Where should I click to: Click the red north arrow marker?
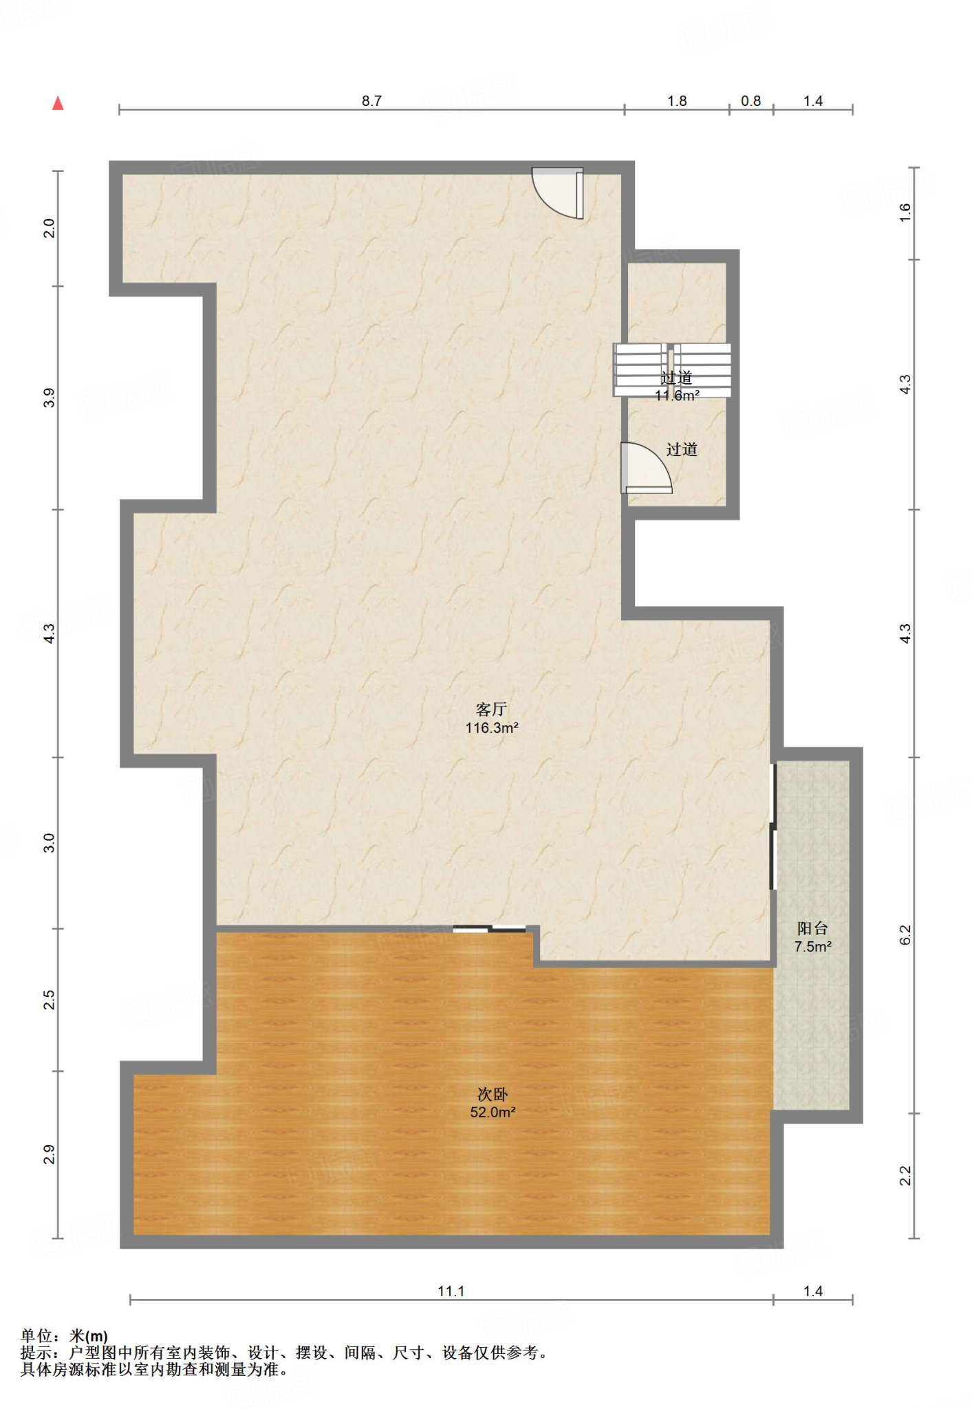(58, 103)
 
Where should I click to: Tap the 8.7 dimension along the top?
(371, 101)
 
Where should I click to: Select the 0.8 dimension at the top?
(750, 101)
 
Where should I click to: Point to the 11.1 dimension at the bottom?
(451, 1291)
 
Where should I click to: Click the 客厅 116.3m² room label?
(492, 718)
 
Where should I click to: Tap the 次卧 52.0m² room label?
(493, 1103)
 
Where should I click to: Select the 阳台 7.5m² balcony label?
(812, 937)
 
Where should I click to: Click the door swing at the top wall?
(558, 193)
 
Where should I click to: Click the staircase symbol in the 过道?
(672, 370)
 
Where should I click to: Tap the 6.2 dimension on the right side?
(905, 934)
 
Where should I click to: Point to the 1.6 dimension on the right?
(905, 212)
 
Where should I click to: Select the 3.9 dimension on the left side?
(49, 398)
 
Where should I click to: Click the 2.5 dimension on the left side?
(49, 1000)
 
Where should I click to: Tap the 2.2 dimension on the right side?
(905, 1176)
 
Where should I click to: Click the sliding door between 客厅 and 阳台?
(773, 826)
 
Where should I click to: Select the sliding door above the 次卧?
(489, 929)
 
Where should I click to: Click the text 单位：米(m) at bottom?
(64, 1336)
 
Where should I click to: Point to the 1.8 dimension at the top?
(677, 101)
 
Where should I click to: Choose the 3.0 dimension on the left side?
(49, 843)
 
